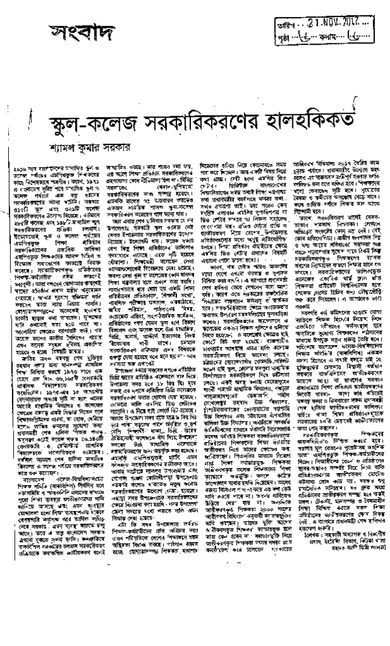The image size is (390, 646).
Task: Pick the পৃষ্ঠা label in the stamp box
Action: [x=285, y=37]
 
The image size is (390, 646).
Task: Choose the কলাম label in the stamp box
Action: [x=328, y=37]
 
